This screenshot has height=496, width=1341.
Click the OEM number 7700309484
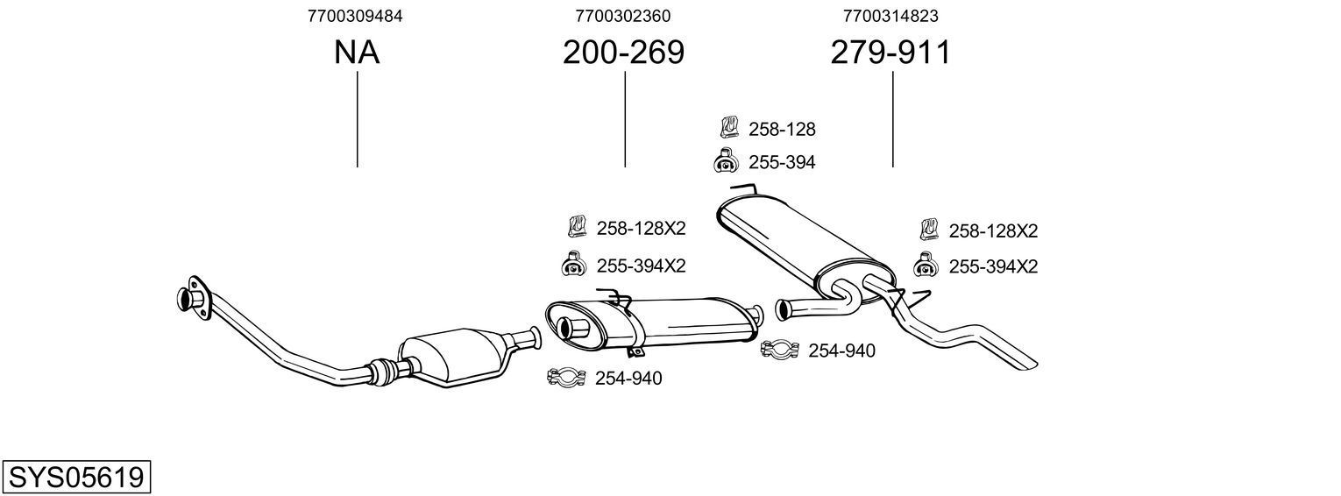[356, 16]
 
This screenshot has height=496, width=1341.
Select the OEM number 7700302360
[623, 16]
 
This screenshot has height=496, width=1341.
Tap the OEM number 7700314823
[890, 16]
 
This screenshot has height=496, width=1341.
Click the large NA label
[356, 53]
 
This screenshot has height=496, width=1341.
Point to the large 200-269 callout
[623, 53]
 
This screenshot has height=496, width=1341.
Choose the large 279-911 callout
[890, 53]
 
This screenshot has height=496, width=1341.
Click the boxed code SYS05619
[76, 478]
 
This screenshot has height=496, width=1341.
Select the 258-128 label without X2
[782, 130]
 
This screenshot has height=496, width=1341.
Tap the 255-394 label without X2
[782, 163]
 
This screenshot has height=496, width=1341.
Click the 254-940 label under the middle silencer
[628, 379]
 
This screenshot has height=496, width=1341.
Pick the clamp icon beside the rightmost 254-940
[778, 351]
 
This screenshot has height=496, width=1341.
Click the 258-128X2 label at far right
[993, 231]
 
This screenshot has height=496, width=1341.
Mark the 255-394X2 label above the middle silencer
[641, 266]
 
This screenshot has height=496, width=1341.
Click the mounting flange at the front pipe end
[192, 297]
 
